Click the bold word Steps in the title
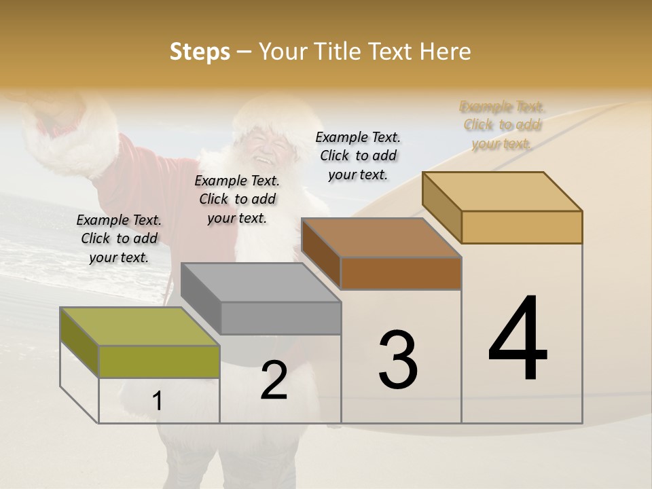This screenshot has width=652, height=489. click(200, 52)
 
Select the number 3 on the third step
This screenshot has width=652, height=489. click(398, 360)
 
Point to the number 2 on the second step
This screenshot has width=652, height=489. click(274, 380)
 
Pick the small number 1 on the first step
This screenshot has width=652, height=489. click(158, 401)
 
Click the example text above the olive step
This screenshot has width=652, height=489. click(119, 238)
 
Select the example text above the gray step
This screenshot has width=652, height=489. click(237, 199)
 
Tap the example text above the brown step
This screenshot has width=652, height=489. click(358, 156)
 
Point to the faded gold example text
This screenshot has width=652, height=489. click(502, 125)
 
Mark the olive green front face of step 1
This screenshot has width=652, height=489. click(159, 361)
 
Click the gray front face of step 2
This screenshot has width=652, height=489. click(280, 318)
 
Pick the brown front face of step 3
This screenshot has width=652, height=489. click(401, 273)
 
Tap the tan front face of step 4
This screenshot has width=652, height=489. click(522, 227)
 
